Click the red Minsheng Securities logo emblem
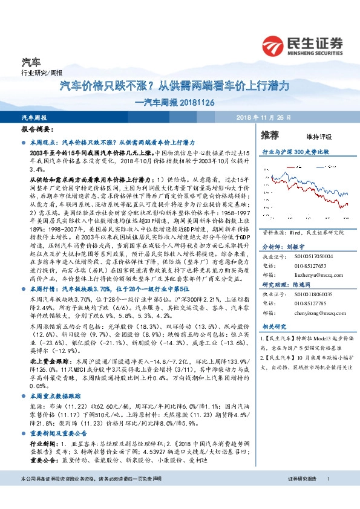(x=273, y=45)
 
